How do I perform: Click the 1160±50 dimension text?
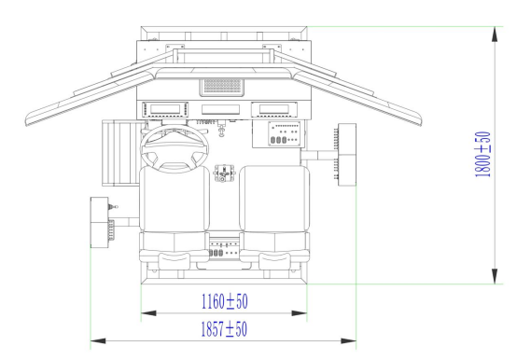(225, 301)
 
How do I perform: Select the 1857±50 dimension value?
(224, 328)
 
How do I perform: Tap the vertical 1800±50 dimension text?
(482, 154)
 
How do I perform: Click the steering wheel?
(175, 149)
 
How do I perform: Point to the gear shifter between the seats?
(224, 173)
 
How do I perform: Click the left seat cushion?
(175, 199)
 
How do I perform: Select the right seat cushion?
(274, 199)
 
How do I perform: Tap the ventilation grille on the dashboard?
(222, 87)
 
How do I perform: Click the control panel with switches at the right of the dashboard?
(285, 133)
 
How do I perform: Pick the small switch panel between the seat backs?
(224, 249)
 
